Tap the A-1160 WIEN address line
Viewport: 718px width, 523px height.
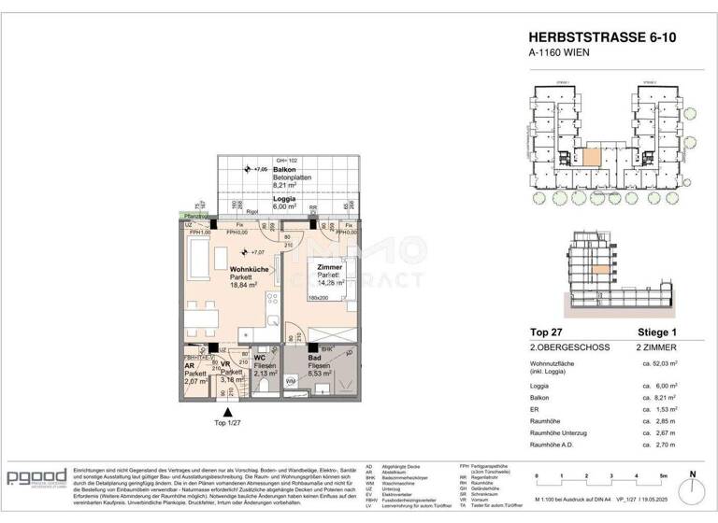559,52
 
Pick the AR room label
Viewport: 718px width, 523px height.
190,366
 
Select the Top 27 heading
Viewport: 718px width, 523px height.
547,331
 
